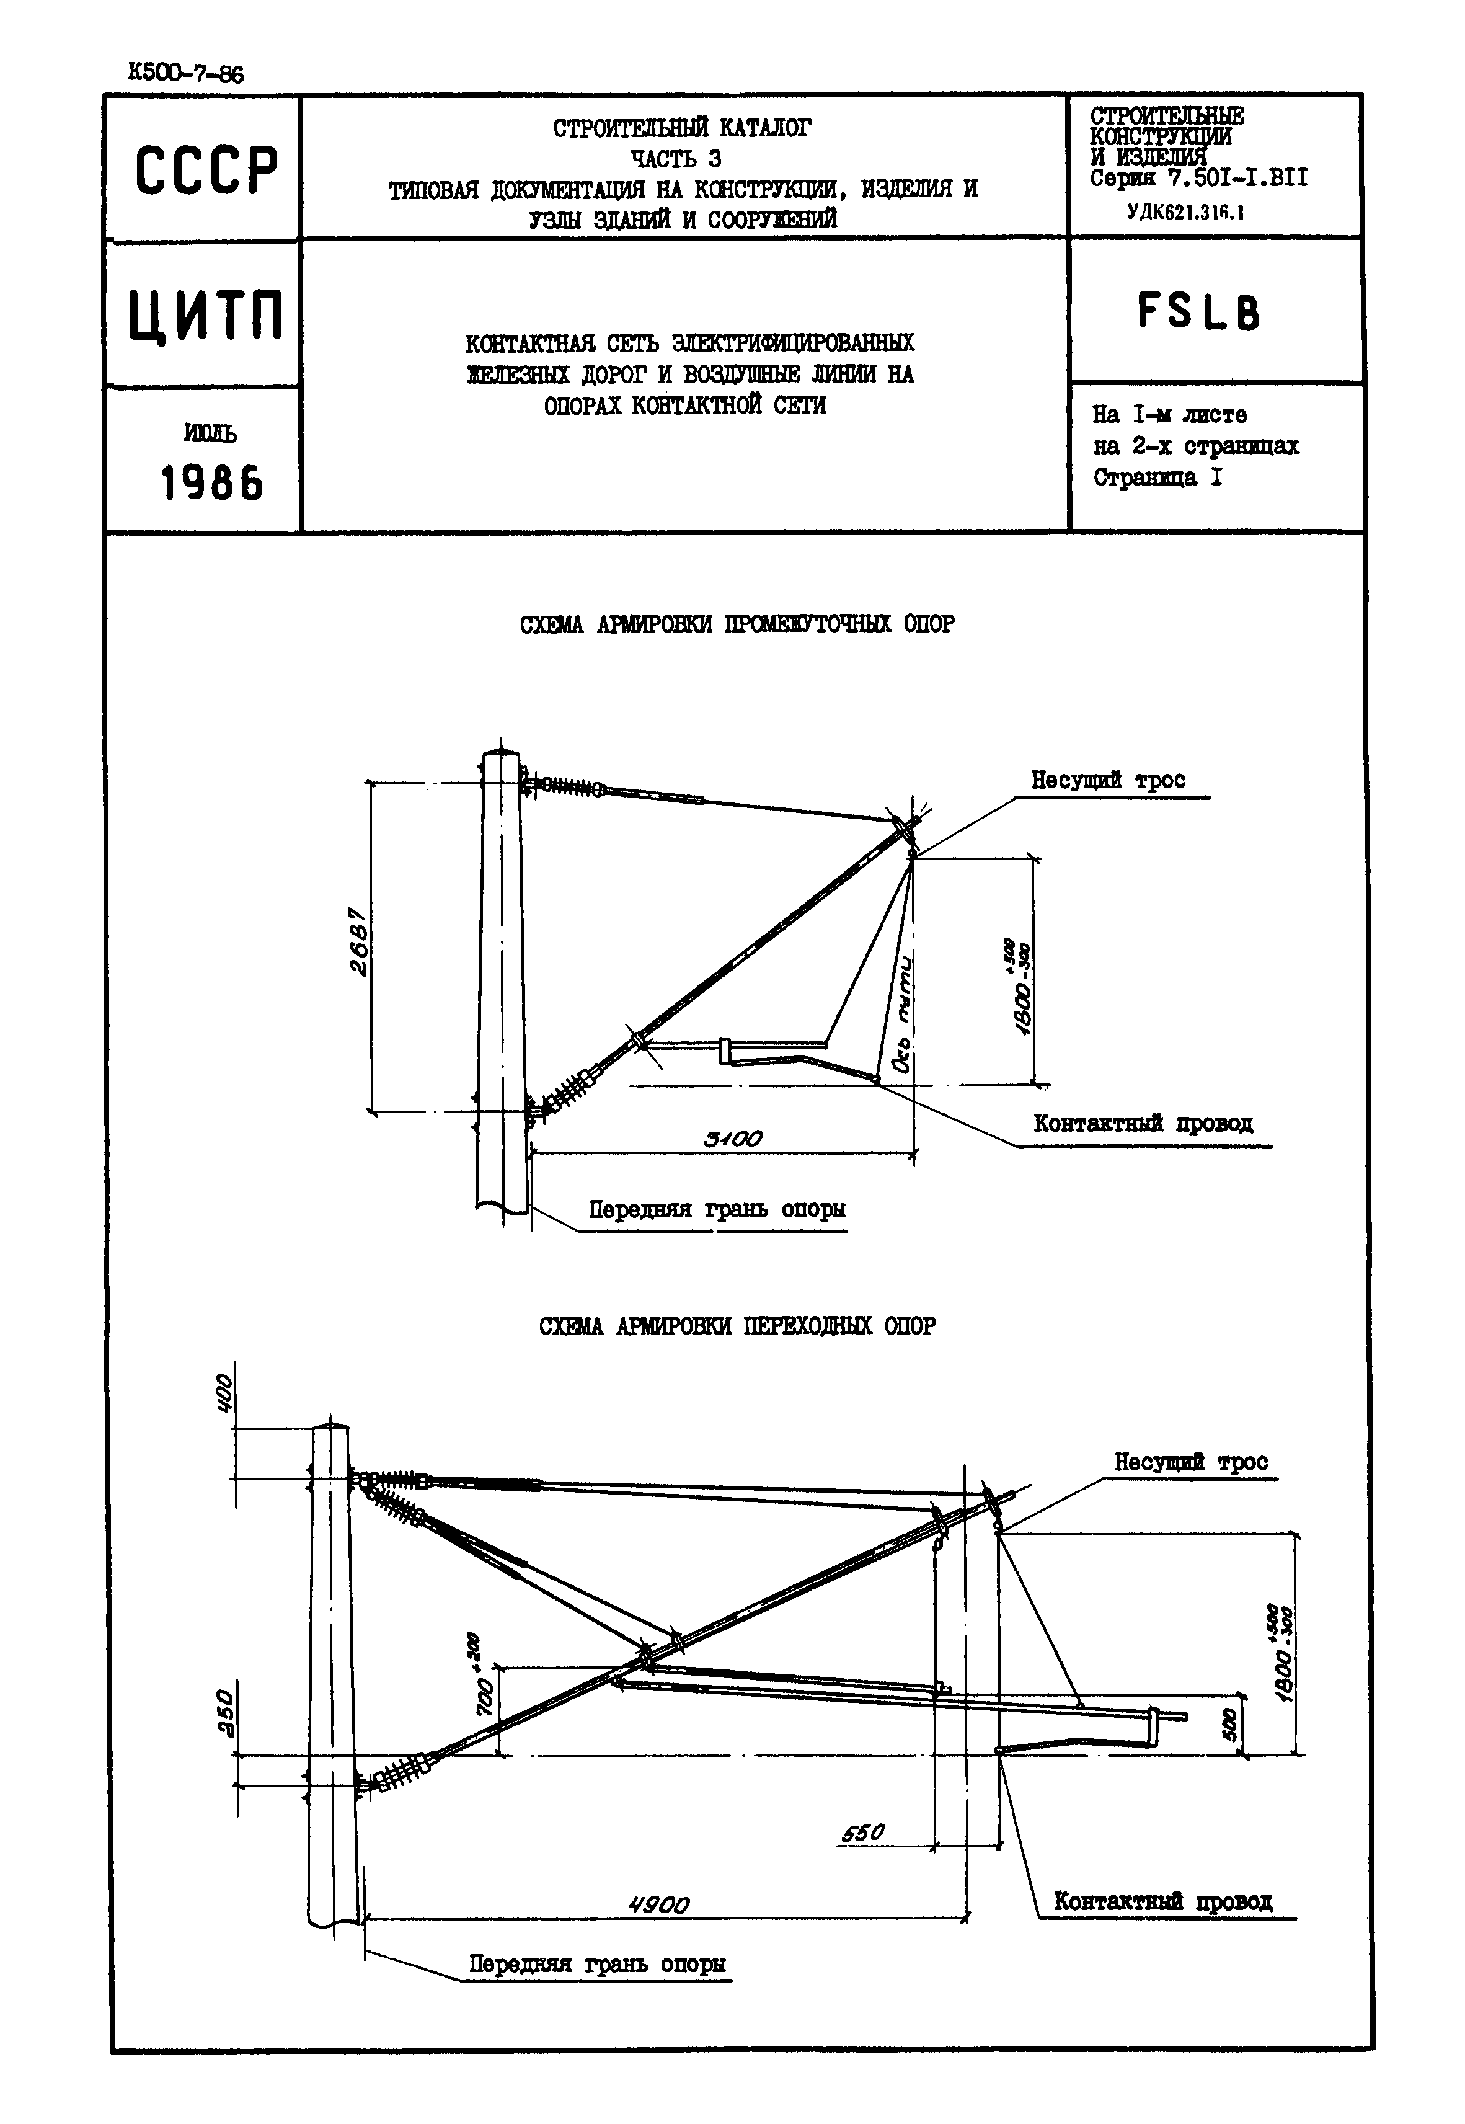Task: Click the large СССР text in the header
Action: coord(206,171)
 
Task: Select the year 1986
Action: coord(212,483)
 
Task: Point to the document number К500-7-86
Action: coord(187,73)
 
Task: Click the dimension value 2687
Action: coord(358,942)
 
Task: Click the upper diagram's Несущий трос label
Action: coord(1108,780)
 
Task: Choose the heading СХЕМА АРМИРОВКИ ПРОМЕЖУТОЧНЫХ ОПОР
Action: coord(737,624)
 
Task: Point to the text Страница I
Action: coord(1157,478)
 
